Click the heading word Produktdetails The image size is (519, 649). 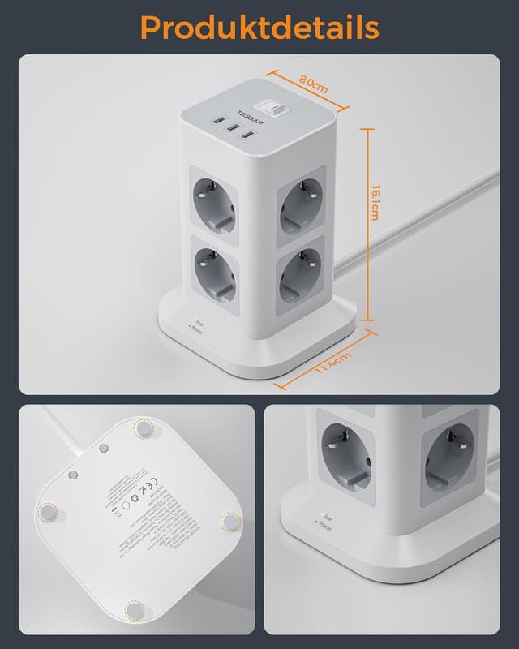pos(259,27)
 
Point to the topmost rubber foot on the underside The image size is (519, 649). pos(144,427)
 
